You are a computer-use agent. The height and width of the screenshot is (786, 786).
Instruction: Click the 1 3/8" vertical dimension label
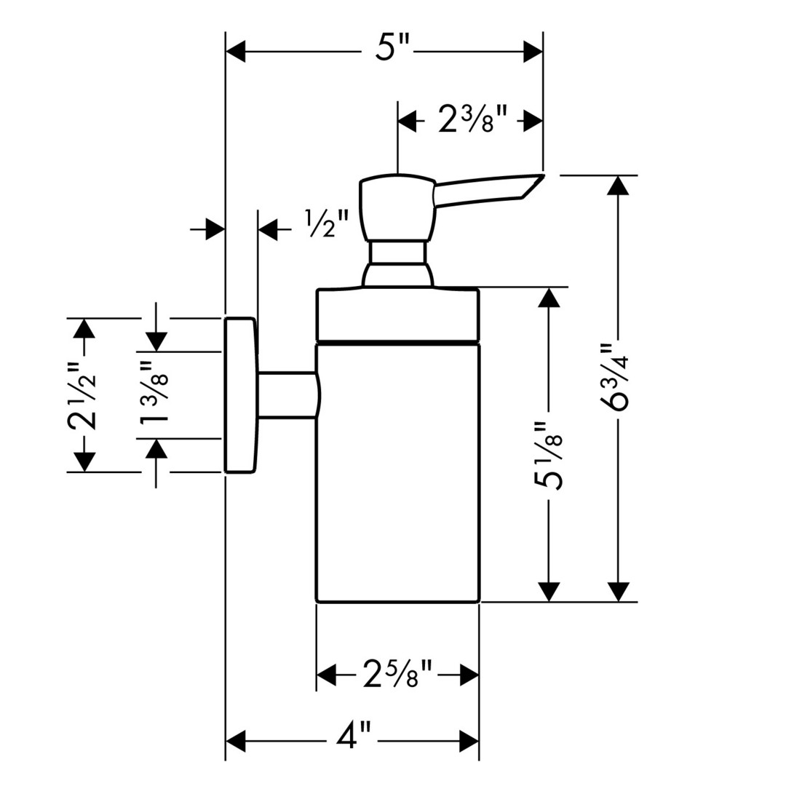[156, 394]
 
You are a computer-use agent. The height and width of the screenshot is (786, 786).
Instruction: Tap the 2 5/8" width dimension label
[397, 675]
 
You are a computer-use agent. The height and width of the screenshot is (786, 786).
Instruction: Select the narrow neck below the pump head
[397, 253]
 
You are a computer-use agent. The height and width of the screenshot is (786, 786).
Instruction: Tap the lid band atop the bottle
[397, 314]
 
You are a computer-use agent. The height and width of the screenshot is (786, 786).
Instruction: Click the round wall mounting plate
[240, 395]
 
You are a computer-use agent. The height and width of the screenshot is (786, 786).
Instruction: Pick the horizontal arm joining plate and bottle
[287, 395]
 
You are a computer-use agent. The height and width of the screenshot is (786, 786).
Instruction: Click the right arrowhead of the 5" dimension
[533, 52]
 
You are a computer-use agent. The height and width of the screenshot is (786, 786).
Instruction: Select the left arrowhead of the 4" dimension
[236, 742]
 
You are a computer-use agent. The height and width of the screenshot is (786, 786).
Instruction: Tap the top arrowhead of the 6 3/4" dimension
[619, 185]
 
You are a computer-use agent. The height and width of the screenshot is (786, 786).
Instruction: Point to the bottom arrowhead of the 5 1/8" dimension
[550, 592]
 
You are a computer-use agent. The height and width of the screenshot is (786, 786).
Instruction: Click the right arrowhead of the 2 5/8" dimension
[469, 675]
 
